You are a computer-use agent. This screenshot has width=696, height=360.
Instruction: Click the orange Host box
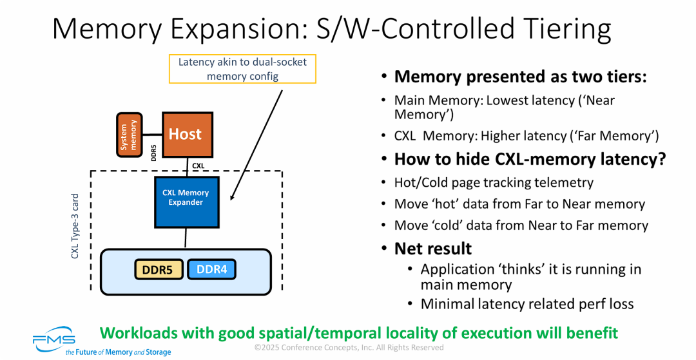(x=186, y=135)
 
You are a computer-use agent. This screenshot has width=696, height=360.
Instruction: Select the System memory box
(x=129, y=135)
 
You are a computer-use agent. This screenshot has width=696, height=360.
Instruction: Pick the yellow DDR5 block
(x=159, y=270)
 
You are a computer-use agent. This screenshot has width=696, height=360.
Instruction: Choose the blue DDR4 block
(x=211, y=270)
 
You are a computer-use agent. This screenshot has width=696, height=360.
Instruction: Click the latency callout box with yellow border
(x=242, y=69)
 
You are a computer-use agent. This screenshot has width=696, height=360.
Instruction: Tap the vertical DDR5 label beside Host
(x=154, y=153)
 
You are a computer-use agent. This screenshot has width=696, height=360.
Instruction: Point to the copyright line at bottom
(x=349, y=348)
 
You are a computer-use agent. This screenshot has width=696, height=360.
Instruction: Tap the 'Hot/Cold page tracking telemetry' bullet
(x=494, y=182)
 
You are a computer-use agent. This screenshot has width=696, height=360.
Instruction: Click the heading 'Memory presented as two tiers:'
(x=520, y=77)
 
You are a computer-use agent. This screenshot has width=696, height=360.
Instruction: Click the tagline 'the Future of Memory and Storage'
(x=118, y=352)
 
